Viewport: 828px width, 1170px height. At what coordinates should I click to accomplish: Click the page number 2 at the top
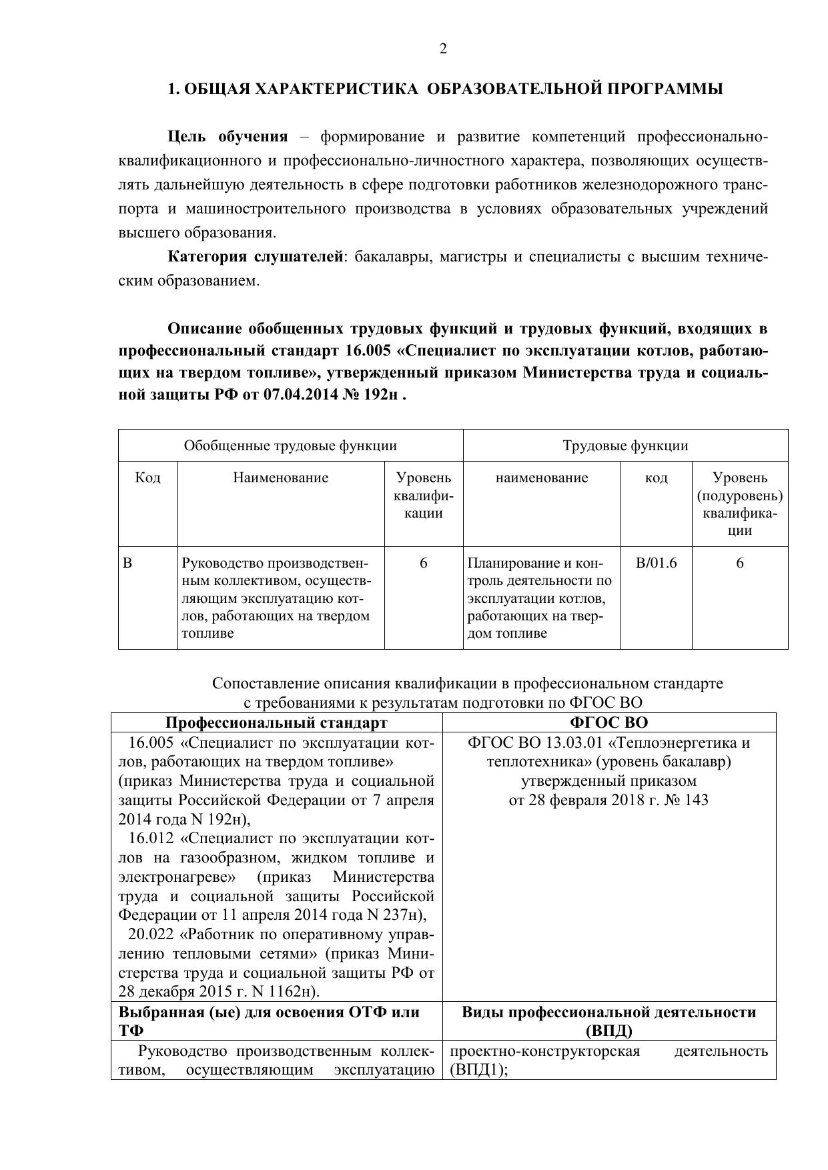pos(443,49)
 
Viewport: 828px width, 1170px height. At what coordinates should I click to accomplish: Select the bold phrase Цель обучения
pos(228,137)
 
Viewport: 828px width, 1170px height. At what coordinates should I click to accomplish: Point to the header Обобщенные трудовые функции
pos(290,446)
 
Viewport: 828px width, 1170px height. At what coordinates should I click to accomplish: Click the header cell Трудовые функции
pos(625,446)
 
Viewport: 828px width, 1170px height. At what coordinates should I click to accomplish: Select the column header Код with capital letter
pos(147,478)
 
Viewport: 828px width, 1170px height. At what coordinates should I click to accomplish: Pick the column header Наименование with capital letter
pos(281,478)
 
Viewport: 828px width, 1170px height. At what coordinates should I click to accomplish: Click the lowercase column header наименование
pos(542,478)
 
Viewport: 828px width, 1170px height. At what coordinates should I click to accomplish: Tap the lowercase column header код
pos(657,478)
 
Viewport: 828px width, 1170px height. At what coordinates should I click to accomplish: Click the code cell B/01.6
pos(657,563)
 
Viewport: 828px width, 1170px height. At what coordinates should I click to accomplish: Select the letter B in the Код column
pos(128,563)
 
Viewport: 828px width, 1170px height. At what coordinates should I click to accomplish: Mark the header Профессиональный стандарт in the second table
pos(276,723)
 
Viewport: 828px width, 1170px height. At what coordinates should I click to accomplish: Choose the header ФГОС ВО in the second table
pos(608,723)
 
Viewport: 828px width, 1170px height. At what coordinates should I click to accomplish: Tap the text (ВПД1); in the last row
pos(474,1071)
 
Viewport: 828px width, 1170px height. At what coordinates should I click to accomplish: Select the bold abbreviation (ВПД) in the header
pos(608,1031)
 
